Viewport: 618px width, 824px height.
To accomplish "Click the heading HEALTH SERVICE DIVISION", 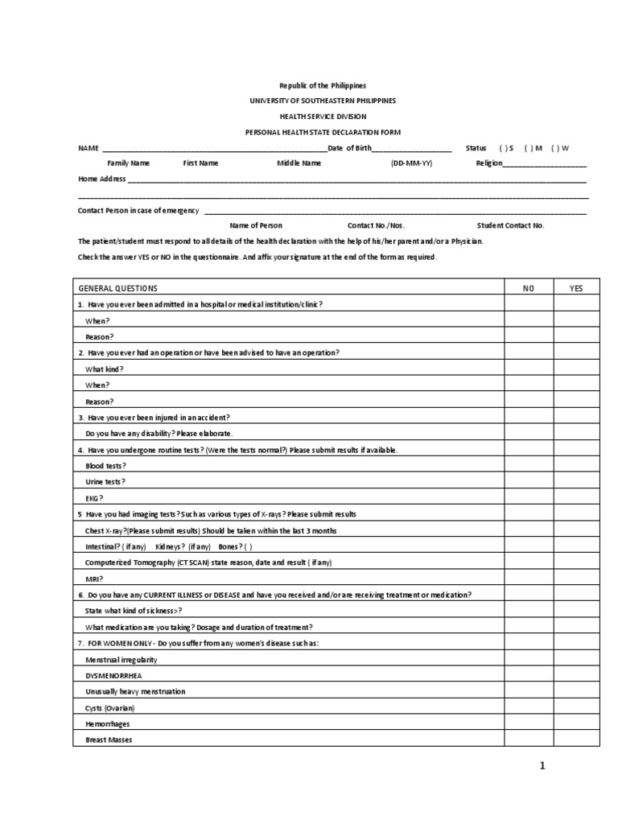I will coord(322,116).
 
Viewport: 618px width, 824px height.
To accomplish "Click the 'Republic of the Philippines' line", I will coord(322,85).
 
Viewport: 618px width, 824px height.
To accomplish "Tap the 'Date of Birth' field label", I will coord(351,147).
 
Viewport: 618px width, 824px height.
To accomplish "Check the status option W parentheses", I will coord(555,148).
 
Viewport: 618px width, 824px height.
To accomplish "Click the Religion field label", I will coord(489,163).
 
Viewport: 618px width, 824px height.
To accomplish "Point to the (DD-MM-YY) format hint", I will coord(410,163).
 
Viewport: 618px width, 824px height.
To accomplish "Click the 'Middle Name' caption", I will coord(299,163).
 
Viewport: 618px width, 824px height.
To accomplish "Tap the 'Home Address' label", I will coord(101,179).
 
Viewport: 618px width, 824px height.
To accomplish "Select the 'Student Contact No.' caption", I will coord(511,225).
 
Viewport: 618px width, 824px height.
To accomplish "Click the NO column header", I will coord(528,288).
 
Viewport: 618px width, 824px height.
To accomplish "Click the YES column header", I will coord(576,288).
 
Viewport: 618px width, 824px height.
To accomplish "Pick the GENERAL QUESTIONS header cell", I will coord(117,288).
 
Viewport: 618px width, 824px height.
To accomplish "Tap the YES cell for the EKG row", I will coord(576,497).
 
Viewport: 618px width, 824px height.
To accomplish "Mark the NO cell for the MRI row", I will coord(528,578).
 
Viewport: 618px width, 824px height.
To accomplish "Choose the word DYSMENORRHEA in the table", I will coord(109,675).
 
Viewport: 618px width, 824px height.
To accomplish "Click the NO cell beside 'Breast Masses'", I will coord(528,740).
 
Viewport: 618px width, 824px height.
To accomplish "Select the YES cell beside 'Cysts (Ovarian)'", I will coord(576,707).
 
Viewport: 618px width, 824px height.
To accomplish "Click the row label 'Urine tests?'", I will coord(105,481).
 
